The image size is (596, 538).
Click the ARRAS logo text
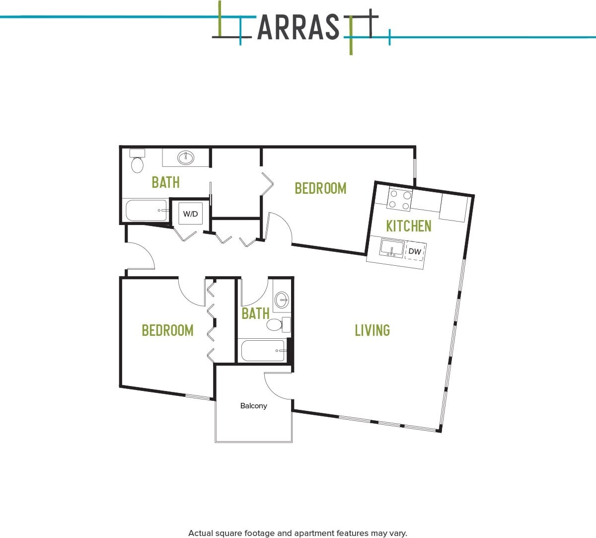click(298, 27)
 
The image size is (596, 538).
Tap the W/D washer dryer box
click(190, 214)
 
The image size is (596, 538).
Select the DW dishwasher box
click(415, 251)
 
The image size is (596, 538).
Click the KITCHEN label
click(408, 226)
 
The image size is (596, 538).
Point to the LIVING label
click(372, 330)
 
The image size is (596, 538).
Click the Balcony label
click(253, 406)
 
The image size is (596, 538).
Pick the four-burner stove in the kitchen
click(400, 200)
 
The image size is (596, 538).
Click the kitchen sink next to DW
click(392, 248)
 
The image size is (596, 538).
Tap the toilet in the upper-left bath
click(137, 161)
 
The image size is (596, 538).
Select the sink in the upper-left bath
click(186, 157)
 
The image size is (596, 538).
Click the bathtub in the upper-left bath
click(147, 211)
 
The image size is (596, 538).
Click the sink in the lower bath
click(282, 300)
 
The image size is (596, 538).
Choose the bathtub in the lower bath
click(263, 351)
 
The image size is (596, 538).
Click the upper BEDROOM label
click(320, 188)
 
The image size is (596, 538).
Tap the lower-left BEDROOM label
click(167, 330)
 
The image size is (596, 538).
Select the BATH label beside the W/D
click(165, 182)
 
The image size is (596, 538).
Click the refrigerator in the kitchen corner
click(453, 208)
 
